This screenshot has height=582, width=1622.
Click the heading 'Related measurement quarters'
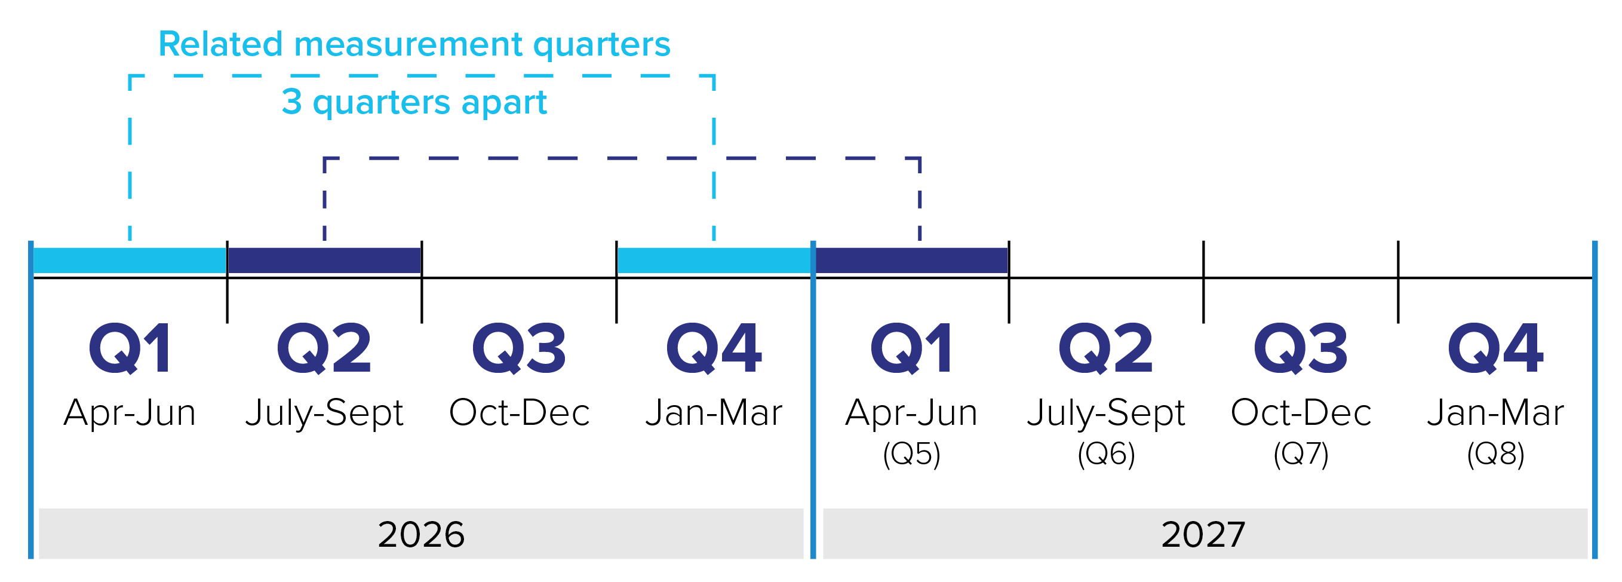pyautogui.click(x=414, y=45)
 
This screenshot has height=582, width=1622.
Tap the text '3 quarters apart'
pyautogui.click(x=414, y=102)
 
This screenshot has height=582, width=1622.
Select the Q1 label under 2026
pyautogui.click(x=130, y=348)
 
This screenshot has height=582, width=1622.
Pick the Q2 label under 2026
pyautogui.click(x=324, y=348)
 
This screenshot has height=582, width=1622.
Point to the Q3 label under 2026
pyautogui.click(x=519, y=348)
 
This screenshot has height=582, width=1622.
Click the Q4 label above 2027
pyautogui.click(x=1495, y=348)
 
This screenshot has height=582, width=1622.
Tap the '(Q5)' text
pyautogui.click(x=911, y=454)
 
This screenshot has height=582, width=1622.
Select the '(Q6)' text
pyautogui.click(x=1106, y=454)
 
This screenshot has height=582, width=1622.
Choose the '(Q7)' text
pyautogui.click(x=1301, y=454)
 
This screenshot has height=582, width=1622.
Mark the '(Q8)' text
pyautogui.click(x=1495, y=454)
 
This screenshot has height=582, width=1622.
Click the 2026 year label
pyautogui.click(x=421, y=535)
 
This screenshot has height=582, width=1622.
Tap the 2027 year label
pyautogui.click(x=1203, y=535)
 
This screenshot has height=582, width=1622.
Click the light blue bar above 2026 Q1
pyautogui.click(x=130, y=260)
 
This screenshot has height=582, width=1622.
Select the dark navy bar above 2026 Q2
pyautogui.click(x=324, y=260)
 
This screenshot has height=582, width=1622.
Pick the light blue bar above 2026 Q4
pyautogui.click(x=714, y=260)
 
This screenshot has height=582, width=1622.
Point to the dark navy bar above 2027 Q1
pyautogui.click(x=912, y=260)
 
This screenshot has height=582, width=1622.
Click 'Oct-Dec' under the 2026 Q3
pyautogui.click(x=519, y=413)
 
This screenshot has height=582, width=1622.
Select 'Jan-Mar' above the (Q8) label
pyautogui.click(x=1495, y=413)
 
